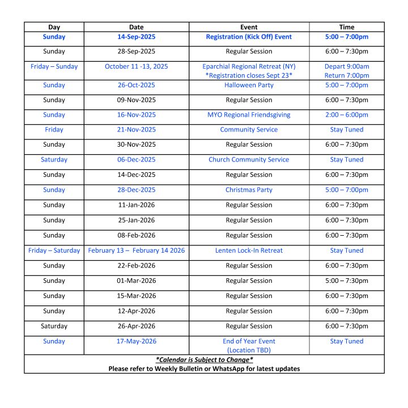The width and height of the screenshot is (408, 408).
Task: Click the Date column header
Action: [136, 27]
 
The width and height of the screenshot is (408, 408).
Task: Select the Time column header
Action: [346, 27]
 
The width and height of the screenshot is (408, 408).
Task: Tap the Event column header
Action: [249, 27]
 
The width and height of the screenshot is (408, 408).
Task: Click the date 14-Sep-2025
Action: [136, 37]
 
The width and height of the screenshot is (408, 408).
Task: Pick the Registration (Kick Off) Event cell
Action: [249, 37]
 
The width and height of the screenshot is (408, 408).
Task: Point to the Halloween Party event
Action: [249, 85]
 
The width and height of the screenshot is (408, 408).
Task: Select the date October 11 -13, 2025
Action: [136, 66]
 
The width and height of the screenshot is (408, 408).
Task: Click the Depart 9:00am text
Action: [346, 66]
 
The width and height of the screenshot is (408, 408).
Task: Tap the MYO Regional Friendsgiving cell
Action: [249, 114]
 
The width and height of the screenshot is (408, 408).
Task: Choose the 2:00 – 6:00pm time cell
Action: [346, 114]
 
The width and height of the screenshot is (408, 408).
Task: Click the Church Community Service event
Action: [249, 160]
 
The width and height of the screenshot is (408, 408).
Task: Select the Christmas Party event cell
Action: [249, 190]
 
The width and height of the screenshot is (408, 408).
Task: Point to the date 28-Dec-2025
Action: [136, 190]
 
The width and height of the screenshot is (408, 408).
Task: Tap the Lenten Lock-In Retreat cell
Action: [249, 250]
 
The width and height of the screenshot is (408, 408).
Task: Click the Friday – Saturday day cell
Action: [54, 250]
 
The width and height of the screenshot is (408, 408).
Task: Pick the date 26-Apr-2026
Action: [136, 326]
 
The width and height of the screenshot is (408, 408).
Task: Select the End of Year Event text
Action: [249, 341]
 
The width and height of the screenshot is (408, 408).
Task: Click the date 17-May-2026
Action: [136, 341]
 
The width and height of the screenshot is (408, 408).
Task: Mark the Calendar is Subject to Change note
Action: [204, 360]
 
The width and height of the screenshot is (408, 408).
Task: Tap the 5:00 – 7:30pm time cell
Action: [346, 280]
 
